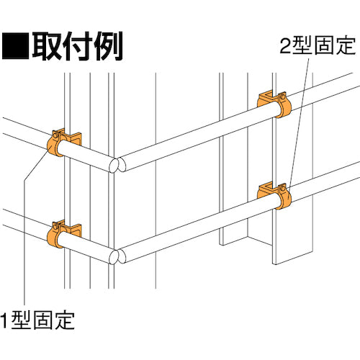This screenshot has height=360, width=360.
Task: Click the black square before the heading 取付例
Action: coord(15,45)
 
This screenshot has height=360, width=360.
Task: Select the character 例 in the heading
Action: coord(108,45)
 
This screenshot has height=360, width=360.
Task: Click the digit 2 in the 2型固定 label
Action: coord(285,45)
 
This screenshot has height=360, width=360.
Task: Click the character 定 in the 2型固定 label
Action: coord(346,45)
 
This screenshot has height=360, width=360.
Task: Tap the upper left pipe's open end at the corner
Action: coord(114,165)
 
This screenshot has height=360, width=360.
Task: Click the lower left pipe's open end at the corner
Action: coord(114,257)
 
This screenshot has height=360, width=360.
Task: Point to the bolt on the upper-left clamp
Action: coord(55,135)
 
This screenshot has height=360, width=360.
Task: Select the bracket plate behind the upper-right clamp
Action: coord(266,99)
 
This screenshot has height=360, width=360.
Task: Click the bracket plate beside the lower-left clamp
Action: coord(72,231)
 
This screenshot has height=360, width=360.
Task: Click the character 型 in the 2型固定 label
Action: coord(302,45)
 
